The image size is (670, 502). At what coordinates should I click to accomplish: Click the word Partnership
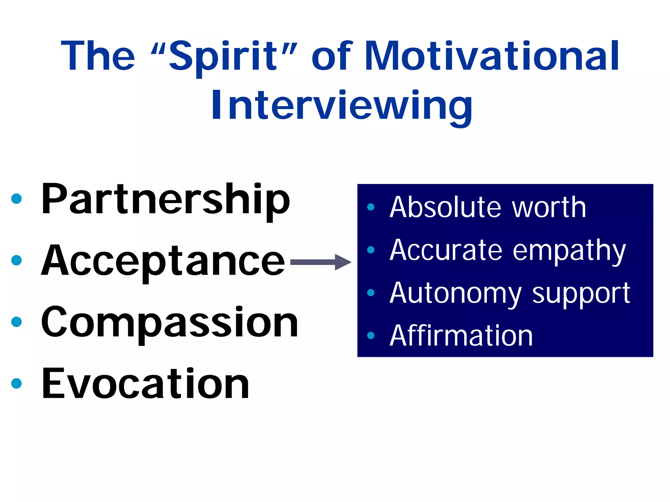(x=165, y=199)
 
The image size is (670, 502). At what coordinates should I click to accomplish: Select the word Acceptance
(x=163, y=261)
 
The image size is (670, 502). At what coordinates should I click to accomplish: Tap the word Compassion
(x=169, y=322)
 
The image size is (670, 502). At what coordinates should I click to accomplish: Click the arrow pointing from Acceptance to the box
(x=321, y=262)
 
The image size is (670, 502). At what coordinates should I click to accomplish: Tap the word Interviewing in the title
(x=342, y=106)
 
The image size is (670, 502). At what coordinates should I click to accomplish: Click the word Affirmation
(x=461, y=336)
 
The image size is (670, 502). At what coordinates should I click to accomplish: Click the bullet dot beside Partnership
(x=16, y=199)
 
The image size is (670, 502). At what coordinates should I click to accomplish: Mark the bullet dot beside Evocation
(x=16, y=383)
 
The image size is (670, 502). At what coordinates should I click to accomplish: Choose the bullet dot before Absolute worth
(x=371, y=207)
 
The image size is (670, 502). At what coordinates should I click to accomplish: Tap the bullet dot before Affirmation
(x=371, y=336)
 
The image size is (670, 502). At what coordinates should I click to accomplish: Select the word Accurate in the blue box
(x=446, y=250)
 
